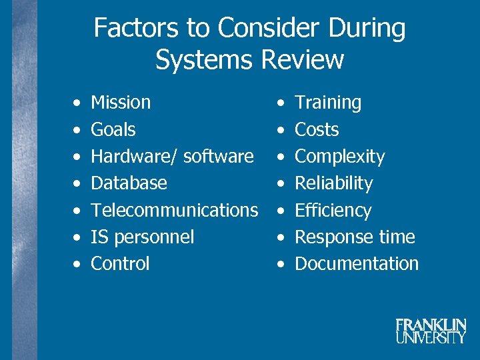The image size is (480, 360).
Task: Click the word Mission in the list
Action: point(121,103)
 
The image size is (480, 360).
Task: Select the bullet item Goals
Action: point(113,129)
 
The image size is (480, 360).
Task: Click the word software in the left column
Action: point(218,157)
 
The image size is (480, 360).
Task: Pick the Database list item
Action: point(129,183)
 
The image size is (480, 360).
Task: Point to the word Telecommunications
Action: point(174,210)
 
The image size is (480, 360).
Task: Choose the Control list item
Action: point(120,263)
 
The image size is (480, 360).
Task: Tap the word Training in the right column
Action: point(328,103)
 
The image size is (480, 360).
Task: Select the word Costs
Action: point(317,129)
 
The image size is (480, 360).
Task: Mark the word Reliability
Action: point(334,183)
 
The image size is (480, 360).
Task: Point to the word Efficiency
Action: point(333,211)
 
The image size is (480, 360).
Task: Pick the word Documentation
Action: point(357,263)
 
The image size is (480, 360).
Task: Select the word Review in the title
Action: point(303,59)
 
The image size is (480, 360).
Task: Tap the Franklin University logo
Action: point(431,331)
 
